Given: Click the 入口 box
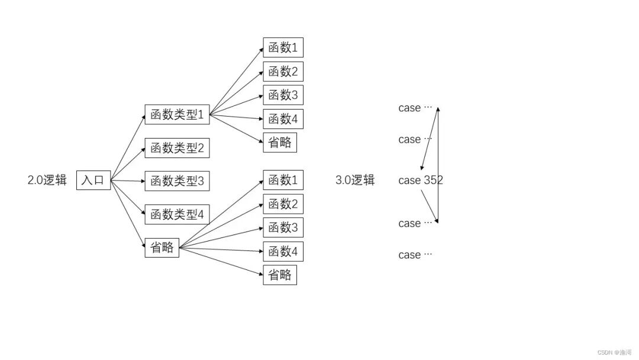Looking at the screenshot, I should pos(93,180).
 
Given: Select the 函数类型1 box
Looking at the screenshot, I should pos(177,115).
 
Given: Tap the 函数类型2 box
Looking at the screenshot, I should pos(177,148).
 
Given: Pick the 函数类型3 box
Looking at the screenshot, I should pos(177,181).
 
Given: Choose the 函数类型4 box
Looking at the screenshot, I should pos(177,214).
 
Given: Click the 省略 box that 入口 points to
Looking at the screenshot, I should pos(162,247).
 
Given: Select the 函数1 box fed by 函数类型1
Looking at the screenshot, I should pos(283,47).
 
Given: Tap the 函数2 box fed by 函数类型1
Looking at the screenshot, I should pos(283,72).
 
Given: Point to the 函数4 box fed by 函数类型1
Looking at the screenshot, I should pos(283,119).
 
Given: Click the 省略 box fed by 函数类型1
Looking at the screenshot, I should pos(280,143).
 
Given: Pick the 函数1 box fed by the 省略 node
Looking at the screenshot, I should pos(283,179).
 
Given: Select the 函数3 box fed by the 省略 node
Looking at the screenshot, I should pos(283,227).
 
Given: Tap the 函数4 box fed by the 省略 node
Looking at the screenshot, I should pos(283,252).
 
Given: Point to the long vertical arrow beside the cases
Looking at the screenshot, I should pos(438,166).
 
